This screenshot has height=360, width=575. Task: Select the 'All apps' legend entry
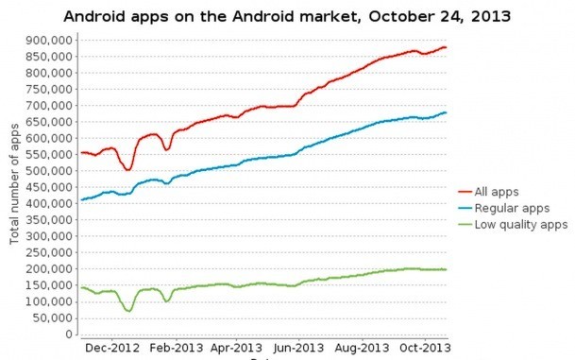(x=499, y=190)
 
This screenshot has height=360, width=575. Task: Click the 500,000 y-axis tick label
(x=49, y=171)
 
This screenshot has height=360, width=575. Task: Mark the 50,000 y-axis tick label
(x=53, y=317)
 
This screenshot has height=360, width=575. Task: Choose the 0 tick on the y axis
(x=70, y=334)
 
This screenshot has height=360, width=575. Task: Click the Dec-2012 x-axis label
(x=112, y=347)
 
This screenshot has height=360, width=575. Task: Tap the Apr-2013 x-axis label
(x=236, y=347)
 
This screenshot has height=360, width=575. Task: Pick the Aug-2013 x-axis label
(x=362, y=347)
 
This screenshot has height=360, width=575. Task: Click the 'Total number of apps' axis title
(x=16, y=186)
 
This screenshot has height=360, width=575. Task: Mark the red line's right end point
(x=446, y=47)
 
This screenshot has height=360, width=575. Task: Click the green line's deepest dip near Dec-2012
(x=127, y=310)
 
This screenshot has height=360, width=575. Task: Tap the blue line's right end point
(x=446, y=112)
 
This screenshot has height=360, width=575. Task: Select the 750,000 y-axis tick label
(x=49, y=89)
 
